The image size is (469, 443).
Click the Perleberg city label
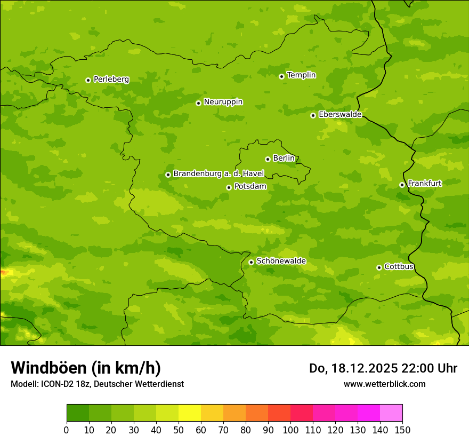pos(111,80)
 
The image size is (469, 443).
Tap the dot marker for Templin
pos(281,76)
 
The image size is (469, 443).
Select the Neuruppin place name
pos(223,102)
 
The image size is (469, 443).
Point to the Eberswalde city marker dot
pos(313,115)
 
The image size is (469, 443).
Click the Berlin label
pos(284,159)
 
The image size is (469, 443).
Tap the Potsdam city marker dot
pos(229,187)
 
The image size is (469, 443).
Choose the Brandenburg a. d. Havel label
pos(219,174)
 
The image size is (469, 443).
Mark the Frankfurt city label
pos(424,184)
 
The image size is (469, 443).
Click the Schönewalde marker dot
pos(251,262)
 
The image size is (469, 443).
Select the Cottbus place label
pos(399,267)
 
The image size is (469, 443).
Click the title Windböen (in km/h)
pos(85,368)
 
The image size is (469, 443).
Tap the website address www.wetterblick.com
pos(384,384)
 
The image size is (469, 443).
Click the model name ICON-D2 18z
pos(62,384)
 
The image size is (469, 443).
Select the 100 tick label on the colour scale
pos(290,430)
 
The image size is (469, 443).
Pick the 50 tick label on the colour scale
pos(179,430)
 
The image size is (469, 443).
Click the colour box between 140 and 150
pos(391,413)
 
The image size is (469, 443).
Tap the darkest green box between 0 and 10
pos(78,413)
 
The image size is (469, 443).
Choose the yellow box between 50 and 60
pos(190,413)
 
